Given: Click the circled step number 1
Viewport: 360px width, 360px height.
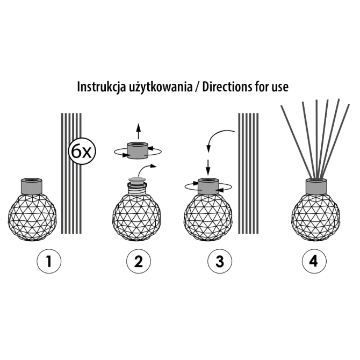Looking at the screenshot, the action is [x=49, y=261].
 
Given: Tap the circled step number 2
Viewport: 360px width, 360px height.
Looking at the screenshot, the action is [x=139, y=261].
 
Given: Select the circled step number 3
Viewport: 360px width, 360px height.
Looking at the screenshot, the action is [x=220, y=261].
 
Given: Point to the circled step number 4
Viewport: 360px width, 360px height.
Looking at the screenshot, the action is [x=314, y=261].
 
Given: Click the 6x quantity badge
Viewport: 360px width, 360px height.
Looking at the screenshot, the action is [x=82, y=151].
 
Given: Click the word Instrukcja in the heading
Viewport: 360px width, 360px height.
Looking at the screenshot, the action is [x=102, y=87].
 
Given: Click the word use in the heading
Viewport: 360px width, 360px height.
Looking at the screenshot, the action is [x=280, y=88].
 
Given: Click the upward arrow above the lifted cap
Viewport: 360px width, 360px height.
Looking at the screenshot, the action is [x=138, y=131].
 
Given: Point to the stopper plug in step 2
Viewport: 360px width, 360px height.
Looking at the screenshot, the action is [x=138, y=179].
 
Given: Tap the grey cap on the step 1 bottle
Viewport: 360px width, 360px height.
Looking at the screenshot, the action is [x=32, y=185].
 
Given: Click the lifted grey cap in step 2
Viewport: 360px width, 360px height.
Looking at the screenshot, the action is [x=138, y=150].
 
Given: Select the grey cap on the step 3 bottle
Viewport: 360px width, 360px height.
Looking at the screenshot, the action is [x=208, y=186].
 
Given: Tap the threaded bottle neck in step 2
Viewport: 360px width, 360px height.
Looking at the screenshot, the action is [x=138, y=189].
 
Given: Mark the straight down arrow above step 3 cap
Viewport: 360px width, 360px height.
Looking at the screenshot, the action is [x=208, y=167].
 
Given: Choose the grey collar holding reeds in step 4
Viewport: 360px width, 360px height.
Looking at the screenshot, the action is [x=316, y=186].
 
